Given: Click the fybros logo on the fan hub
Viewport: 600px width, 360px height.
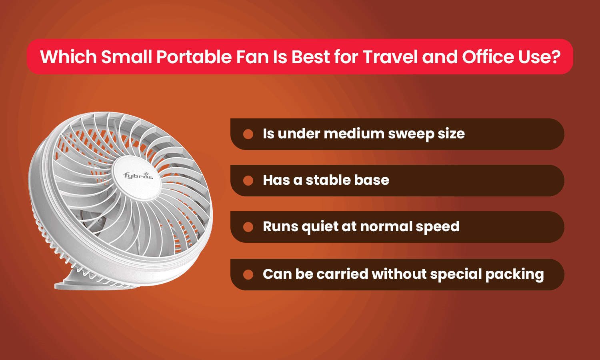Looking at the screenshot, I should point(138,176).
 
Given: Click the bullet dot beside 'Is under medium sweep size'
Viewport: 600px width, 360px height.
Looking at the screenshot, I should point(248,134).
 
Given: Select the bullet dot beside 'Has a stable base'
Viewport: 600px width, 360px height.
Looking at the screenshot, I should point(248,181).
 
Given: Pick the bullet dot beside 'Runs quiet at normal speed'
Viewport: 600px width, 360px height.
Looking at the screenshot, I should point(248,227).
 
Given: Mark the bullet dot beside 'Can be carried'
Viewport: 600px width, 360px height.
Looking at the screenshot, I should point(248,274).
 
